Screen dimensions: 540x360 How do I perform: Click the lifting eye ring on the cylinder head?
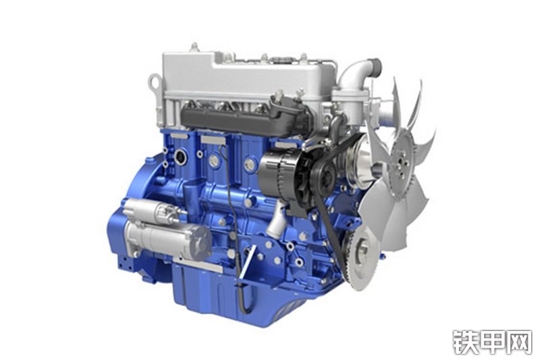click(155, 82)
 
